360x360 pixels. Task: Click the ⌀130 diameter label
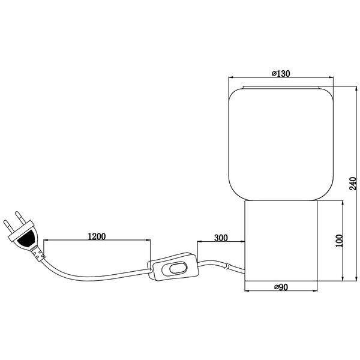(281, 73)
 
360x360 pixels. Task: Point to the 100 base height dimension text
(339, 241)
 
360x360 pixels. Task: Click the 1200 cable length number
(97, 236)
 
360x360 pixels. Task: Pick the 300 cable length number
(220, 238)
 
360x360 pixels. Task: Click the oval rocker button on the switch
(176, 270)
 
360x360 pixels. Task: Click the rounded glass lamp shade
(281, 144)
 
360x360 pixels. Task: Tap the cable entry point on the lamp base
(243, 273)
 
